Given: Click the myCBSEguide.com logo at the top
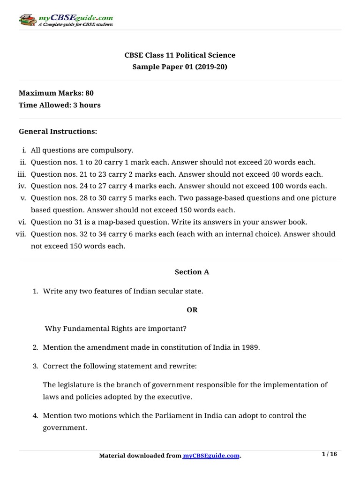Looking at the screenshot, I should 66,20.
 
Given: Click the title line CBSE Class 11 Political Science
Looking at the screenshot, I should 180,55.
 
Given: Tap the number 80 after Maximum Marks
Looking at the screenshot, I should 90,93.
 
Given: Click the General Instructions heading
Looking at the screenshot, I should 58,132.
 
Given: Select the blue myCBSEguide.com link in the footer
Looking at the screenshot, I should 211,456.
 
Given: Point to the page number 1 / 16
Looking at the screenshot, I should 330,454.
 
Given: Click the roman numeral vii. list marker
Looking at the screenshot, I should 22,234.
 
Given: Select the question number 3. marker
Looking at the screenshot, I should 35,366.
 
